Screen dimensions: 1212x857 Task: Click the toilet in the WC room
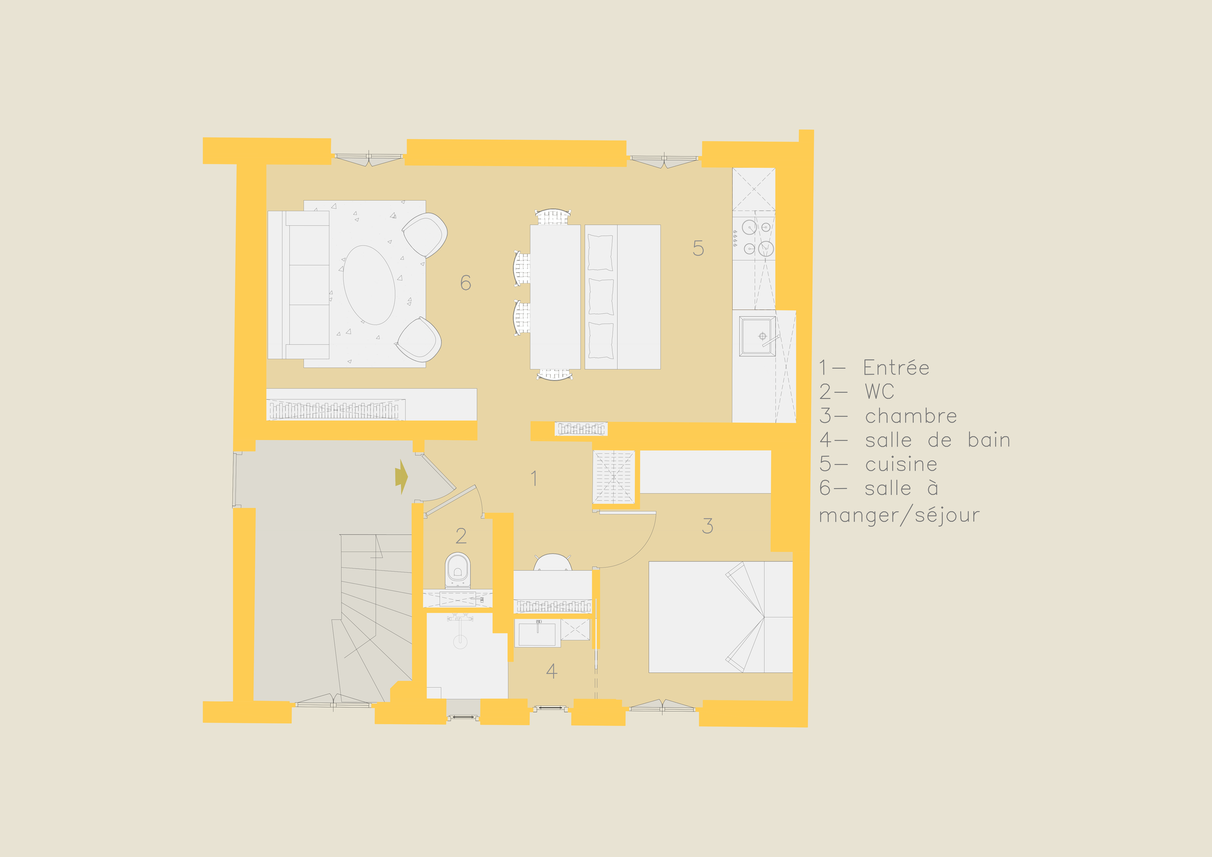(x=457, y=570)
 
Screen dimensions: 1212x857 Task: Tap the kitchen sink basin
(x=757, y=336)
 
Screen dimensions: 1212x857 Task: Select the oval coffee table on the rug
(x=369, y=285)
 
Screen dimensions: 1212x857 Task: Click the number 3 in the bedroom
(x=707, y=525)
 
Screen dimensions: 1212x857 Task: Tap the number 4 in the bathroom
(x=551, y=671)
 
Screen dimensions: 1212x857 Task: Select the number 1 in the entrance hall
(x=534, y=478)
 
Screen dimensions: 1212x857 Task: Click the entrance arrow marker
(x=401, y=477)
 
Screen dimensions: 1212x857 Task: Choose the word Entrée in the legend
(x=896, y=368)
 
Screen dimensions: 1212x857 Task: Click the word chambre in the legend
(x=910, y=416)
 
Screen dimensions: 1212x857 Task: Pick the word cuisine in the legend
(x=901, y=464)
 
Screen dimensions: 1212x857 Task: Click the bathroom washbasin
(x=537, y=632)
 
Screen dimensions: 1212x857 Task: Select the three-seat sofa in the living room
(x=299, y=285)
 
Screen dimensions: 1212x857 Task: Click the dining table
(x=555, y=297)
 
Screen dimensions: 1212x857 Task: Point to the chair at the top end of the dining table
(x=553, y=217)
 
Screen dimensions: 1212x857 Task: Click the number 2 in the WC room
(x=461, y=536)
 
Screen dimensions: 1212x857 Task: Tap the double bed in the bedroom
(x=720, y=617)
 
